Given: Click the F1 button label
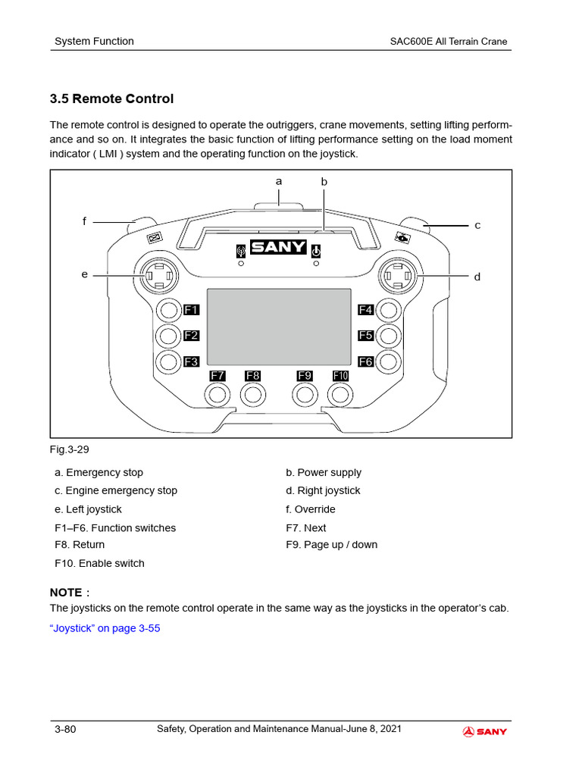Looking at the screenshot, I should (191, 310).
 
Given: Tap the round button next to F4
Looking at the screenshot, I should (389, 310).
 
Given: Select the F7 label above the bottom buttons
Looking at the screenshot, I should (217, 376).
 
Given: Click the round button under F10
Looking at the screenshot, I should (340, 394).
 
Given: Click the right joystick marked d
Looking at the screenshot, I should (399, 277).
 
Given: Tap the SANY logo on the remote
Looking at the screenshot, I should (278, 248).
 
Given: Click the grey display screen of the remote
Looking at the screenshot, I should (279, 327).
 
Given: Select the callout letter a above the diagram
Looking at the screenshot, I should (279, 181).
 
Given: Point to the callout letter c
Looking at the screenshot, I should (477, 225).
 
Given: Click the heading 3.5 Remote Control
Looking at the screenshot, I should (111, 99).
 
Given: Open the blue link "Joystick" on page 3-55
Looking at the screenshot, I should (105, 628).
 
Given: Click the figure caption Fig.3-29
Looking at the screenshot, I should (70, 449).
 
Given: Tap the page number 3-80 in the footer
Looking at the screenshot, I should (65, 730).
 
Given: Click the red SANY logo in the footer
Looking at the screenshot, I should (485, 731).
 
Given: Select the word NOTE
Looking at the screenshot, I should (66, 592).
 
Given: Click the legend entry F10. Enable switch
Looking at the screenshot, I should (99, 563).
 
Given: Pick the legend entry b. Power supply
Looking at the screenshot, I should (324, 472).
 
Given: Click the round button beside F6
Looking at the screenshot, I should (389, 361).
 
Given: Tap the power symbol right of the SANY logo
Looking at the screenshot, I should (316, 251).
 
